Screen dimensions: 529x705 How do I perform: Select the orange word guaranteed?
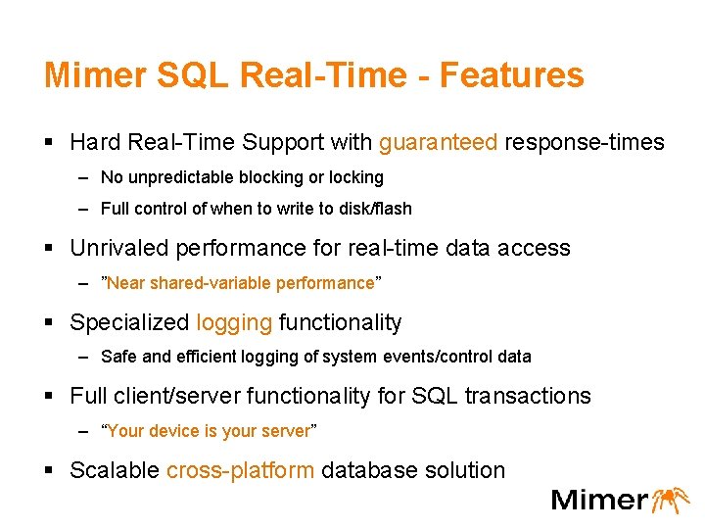click(439, 143)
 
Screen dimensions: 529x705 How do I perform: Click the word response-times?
click(585, 143)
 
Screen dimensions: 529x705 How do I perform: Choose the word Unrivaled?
click(122, 248)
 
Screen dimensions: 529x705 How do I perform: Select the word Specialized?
click(129, 322)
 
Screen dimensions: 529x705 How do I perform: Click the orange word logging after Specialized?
click(234, 323)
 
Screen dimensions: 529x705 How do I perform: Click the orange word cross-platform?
click(241, 470)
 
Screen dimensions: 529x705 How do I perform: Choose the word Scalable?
click(115, 470)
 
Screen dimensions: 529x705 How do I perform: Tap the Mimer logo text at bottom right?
click(599, 500)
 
